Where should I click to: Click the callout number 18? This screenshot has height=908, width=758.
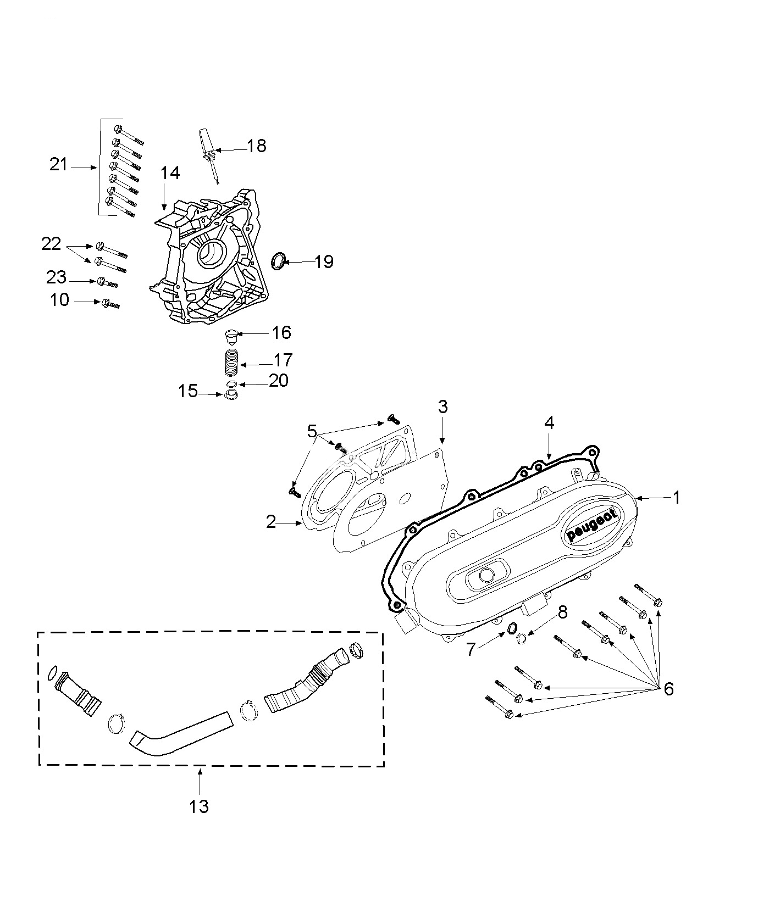pos(256,146)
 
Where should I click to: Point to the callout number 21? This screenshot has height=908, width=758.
pos(58,164)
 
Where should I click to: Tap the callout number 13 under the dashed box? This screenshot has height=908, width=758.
pos(200,806)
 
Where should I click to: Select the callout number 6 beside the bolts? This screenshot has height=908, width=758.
pos(668,689)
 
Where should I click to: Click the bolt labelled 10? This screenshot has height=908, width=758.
pos(109,303)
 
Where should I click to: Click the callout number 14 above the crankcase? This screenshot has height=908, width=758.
pos(170,173)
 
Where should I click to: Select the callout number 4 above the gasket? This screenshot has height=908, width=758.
pos(549,423)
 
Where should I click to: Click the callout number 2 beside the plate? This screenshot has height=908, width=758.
pos(270,522)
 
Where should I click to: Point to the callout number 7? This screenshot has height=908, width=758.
pos(471,650)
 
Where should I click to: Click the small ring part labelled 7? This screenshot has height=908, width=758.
pos(512,628)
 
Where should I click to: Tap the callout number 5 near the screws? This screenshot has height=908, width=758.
pos(312,431)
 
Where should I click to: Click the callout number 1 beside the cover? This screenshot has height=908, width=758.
pos(677,498)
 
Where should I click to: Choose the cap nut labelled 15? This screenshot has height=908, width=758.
pos(231,395)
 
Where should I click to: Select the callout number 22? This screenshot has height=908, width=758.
pos(51,244)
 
